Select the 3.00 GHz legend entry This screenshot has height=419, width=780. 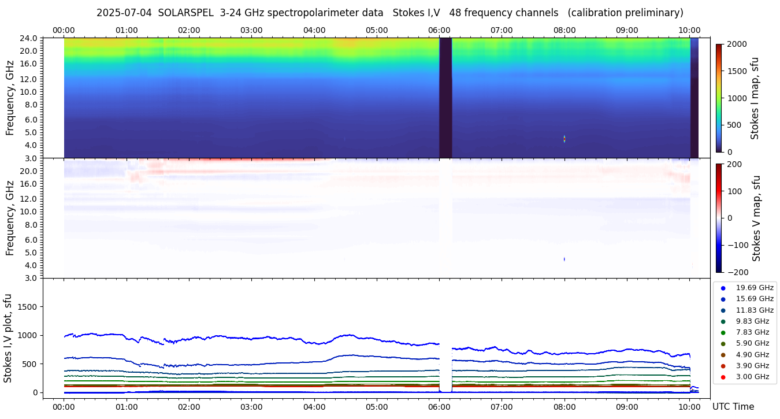pos(752,377)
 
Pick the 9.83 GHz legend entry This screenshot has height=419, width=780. pos(752,321)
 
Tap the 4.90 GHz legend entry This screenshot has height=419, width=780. pos(752,355)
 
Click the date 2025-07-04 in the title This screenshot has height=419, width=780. pos(124,13)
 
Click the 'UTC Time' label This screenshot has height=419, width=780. pos(733,407)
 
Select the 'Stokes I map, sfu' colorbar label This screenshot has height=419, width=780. pos(755,98)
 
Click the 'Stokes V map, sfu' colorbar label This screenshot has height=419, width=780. pos(756,218)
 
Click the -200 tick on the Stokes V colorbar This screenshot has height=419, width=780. pos(738,272)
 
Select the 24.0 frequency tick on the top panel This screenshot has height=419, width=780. pos(29,39)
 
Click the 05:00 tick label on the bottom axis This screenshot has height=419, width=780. pos(377,407)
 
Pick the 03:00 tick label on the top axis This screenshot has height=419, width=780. pos(251,30)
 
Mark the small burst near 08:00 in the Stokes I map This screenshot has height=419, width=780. pos(564,139)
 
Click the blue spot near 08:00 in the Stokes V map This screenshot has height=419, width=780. pos(564,259)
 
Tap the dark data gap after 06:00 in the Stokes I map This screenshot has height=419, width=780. pos(445,98)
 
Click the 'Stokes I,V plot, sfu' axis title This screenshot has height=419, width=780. pos(8,338)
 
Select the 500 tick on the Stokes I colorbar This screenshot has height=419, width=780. pos(734,125)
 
